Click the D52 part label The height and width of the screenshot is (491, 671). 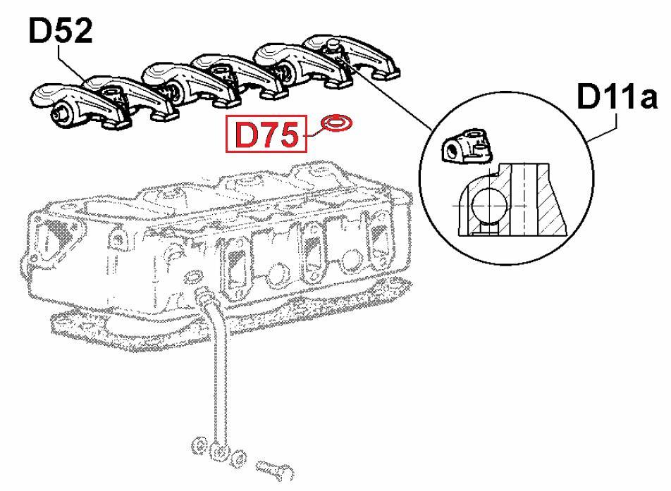(61, 31)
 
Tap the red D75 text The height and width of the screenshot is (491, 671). (266, 135)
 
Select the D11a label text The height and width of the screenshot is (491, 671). (617, 97)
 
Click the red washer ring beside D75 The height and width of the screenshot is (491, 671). (338, 123)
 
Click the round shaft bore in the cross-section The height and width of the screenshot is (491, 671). (488, 205)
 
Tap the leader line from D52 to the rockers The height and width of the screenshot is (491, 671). (73, 63)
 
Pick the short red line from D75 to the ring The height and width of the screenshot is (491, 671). (313, 131)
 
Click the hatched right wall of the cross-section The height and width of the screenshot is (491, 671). (552, 199)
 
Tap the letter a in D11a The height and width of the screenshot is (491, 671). (646, 100)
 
